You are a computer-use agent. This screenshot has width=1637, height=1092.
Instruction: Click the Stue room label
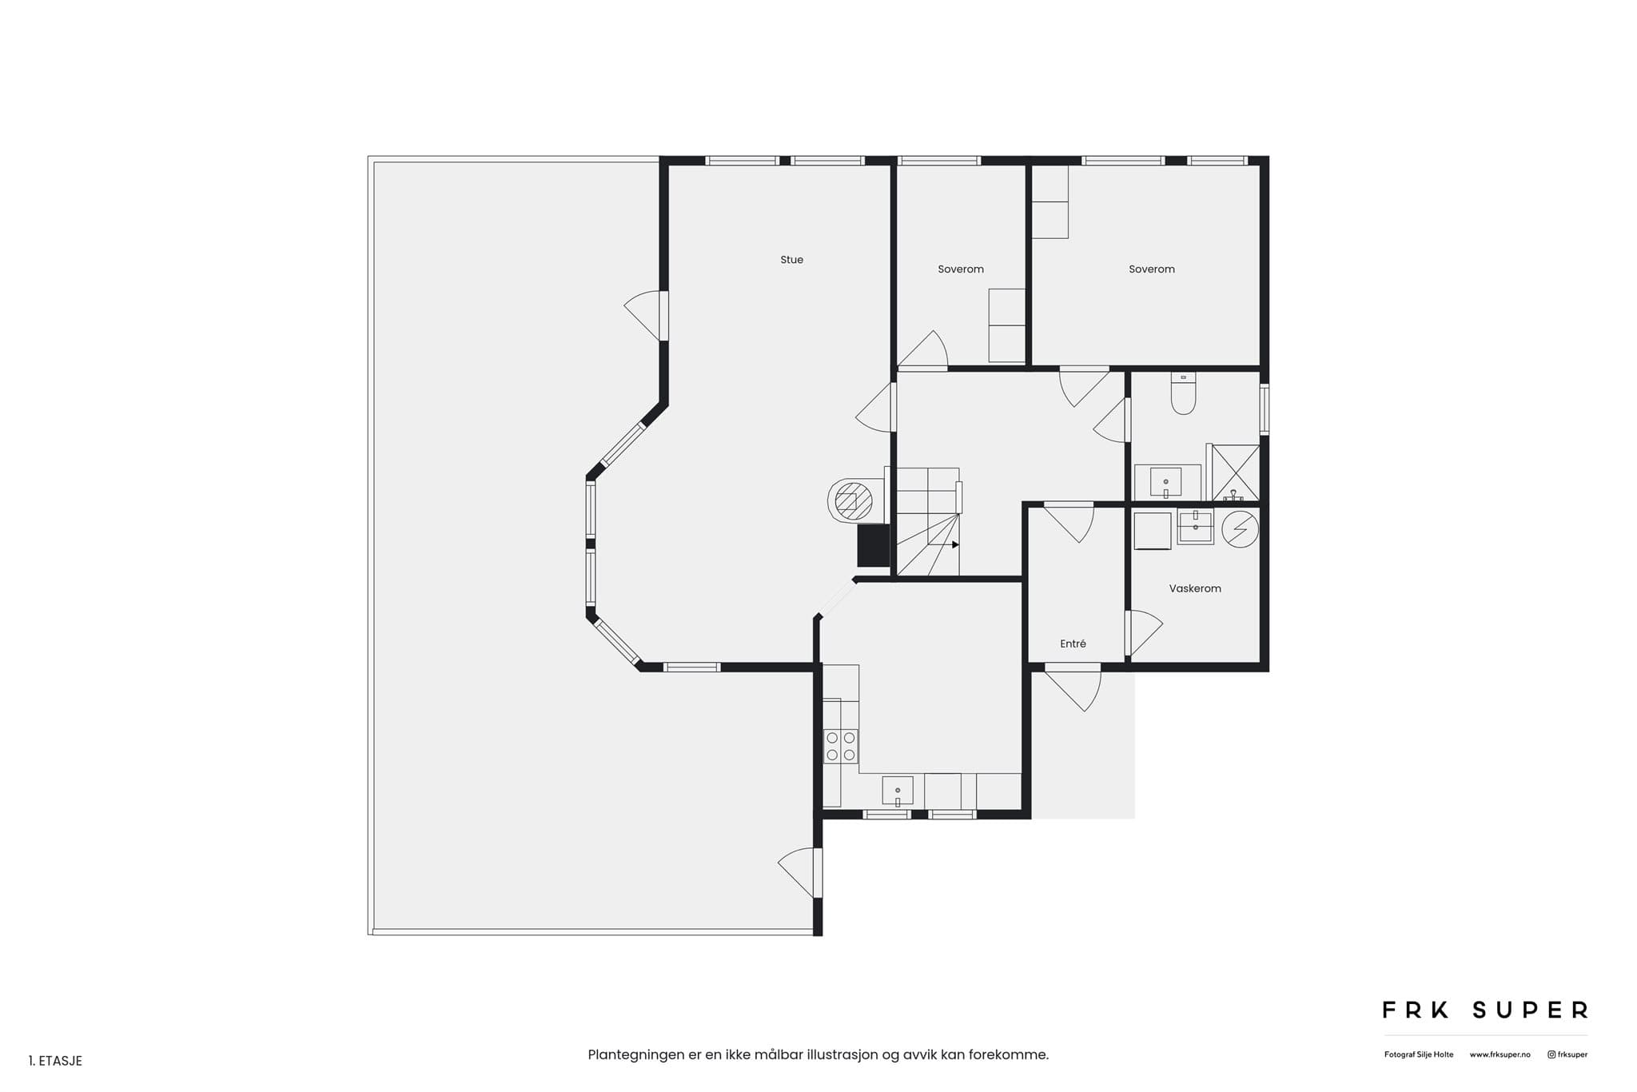click(791, 260)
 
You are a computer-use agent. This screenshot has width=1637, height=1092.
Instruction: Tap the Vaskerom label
click(1195, 588)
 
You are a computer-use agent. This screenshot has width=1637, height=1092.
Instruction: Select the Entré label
click(1073, 644)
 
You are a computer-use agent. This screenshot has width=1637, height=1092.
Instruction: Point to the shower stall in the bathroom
click(1236, 472)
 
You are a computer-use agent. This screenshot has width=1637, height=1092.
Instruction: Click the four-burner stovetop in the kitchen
click(841, 747)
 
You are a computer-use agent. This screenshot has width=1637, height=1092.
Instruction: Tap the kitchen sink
click(898, 791)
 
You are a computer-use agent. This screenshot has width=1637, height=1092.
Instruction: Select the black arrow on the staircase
click(955, 544)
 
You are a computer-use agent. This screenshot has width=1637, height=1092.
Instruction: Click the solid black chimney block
click(874, 546)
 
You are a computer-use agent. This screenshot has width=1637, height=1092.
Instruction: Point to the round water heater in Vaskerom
click(1240, 528)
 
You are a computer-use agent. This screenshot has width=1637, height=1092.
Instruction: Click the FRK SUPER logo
click(1485, 1010)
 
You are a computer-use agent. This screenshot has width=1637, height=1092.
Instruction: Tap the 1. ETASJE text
click(55, 1061)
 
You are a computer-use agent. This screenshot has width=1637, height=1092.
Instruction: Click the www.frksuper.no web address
click(1500, 1054)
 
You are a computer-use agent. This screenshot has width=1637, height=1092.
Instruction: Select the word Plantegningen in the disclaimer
click(635, 1055)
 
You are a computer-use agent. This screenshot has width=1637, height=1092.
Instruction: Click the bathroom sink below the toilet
click(1165, 482)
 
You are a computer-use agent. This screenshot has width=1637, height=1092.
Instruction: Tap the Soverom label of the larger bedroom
click(1152, 269)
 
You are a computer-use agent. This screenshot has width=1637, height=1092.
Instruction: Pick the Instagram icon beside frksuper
click(1551, 1054)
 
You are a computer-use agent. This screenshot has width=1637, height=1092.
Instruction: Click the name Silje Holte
click(1436, 1054)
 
